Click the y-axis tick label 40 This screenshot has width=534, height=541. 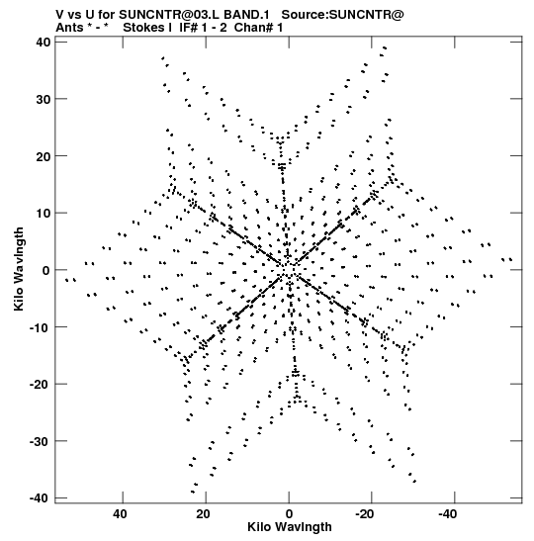(x=43, y=43)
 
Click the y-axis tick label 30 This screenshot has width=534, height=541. (x=43, y=99)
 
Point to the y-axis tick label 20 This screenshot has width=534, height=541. (x=43, y=156)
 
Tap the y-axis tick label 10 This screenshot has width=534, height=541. (x=43, y=213)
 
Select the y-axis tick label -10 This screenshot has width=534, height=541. (x=40, y=327)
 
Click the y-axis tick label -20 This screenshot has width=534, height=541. (x=40, y=384)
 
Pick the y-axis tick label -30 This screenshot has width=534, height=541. (x=40, y=441)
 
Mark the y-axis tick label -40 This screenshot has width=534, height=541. (x=40, y=497)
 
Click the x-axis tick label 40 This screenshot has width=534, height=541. (x=120, y=514)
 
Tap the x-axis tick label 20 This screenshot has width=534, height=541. (x=203, y=514)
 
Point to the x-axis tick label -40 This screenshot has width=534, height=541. (x=448, y=514)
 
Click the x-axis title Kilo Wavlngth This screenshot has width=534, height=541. (x=290, y=527)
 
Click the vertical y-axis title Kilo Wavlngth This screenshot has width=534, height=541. (x=19, y=269)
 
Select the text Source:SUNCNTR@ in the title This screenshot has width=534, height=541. (x=342, y=15)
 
